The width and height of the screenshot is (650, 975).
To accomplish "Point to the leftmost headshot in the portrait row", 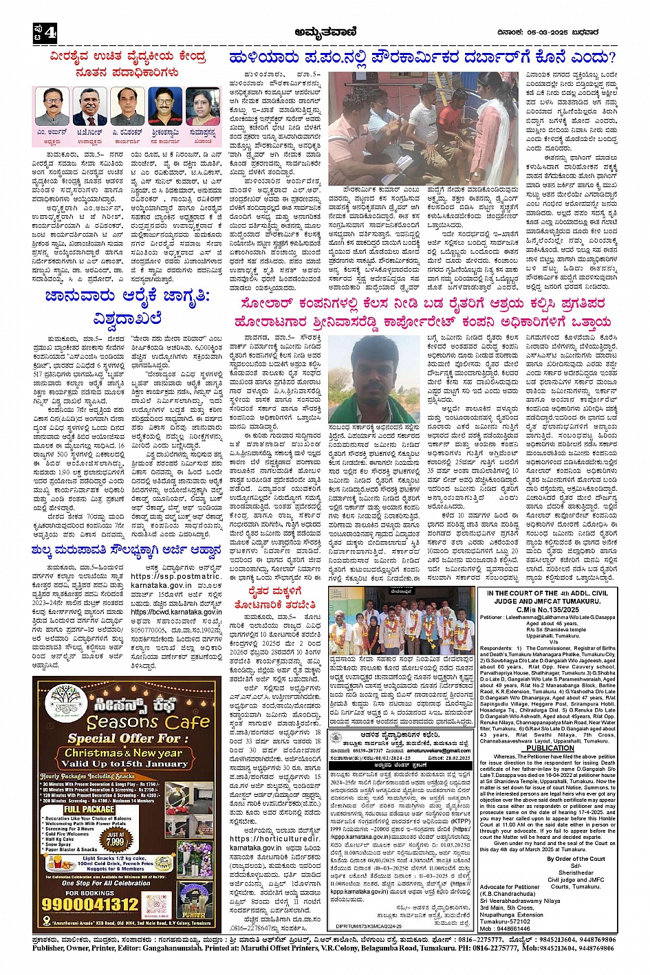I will (52, 106).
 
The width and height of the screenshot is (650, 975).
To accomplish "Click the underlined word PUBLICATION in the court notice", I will (550, 747).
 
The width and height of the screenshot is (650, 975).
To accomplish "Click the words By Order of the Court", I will (576, 859).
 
